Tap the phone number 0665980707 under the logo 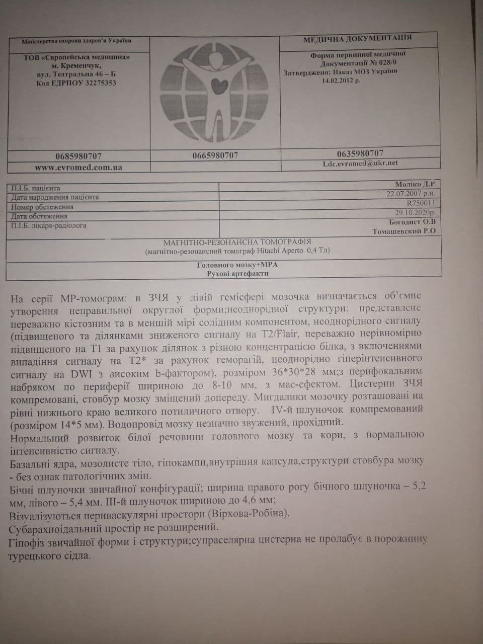tap(215, 155)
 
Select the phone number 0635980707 tap(360, 153)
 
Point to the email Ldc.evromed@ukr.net tap(360, 163)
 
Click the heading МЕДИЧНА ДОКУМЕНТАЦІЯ tap(357, 39)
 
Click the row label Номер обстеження tap(42, 207)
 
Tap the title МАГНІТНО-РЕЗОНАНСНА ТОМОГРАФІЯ tap(237, 242)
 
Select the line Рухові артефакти tap(237, 273)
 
